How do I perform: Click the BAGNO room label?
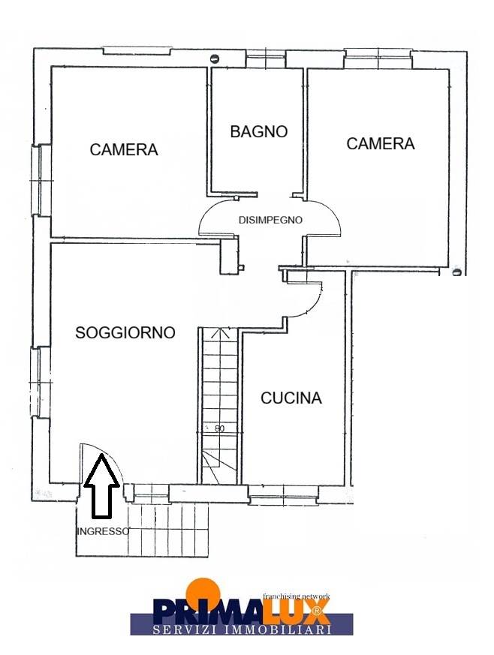(x=259, y=131)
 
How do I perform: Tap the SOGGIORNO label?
(x=125, y=332)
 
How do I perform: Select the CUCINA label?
(x=291, y=398)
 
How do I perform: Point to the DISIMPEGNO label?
(x=270, y=220)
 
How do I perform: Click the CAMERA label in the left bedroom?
(x=124, y=149)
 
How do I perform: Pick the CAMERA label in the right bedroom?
(x=381, y=144)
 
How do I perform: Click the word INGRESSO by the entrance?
(x=104, y=531)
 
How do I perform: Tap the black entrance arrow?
(x=101, y=487)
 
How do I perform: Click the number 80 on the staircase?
(x=219, y=428)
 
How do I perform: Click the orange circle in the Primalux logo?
(x=203, y=590)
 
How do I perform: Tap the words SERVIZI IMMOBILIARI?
(x=242, y=629)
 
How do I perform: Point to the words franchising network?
(x=297, y=596)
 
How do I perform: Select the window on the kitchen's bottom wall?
(x=283, y=494)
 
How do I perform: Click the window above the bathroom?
(x=266, y=59)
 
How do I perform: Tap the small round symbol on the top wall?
(x=215, y=59)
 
